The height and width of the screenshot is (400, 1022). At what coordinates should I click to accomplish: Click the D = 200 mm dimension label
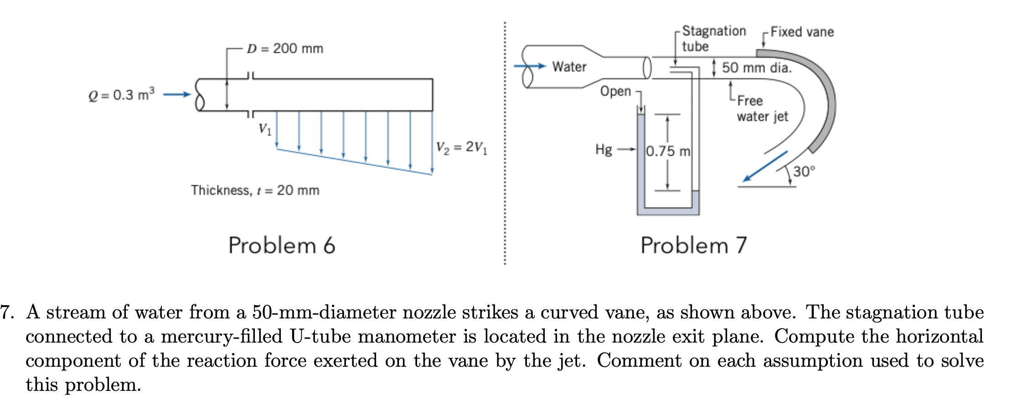285,48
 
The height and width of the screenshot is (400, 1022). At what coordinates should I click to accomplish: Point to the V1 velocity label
265,129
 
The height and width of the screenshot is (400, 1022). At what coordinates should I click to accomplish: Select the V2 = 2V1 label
461,147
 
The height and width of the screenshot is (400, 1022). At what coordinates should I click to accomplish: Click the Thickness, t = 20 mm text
255,190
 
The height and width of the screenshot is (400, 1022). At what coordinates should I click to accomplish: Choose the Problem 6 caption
282,246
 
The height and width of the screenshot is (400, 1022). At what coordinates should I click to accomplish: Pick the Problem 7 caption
693,246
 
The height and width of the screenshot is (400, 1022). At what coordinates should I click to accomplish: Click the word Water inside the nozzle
569,67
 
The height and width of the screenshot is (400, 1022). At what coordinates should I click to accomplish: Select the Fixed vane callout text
802,32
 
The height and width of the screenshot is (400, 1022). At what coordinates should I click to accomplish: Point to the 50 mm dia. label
757,68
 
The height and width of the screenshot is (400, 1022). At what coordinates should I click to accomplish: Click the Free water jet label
762,108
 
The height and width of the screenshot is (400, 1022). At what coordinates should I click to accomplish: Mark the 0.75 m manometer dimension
668,151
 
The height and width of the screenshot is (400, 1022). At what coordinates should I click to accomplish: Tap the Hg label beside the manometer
604,149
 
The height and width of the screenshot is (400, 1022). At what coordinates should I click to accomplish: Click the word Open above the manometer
615,91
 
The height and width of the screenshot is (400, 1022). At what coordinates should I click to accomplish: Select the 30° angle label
804,171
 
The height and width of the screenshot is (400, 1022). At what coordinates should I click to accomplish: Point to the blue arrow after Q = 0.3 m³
177,94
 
